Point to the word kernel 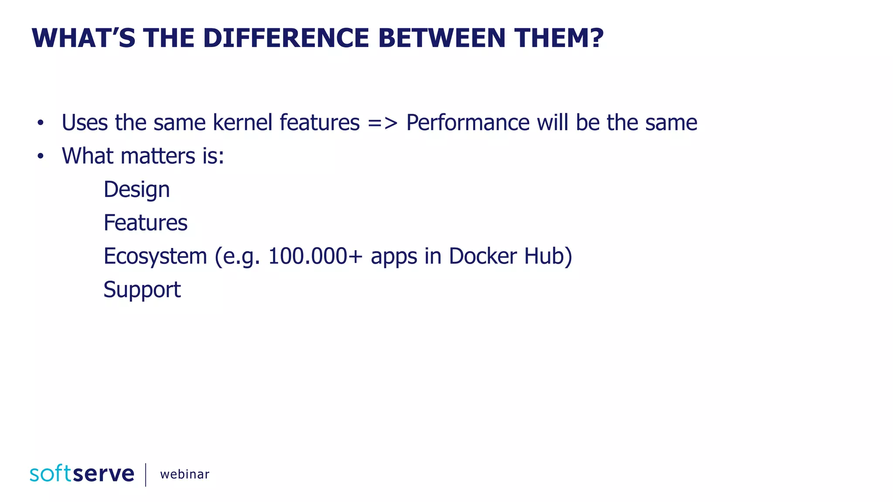coord(242,122)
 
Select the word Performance coord(467,122)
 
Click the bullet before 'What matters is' coord(41,156)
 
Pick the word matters coord(158,156)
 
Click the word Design coord(136,190)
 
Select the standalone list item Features coord(145,223)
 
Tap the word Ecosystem coord(155,256)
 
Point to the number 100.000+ coord(315,256)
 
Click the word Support coord(142,290)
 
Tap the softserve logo coord(82,474)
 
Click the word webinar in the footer coord(184,474)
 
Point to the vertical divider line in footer coord(146,475)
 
